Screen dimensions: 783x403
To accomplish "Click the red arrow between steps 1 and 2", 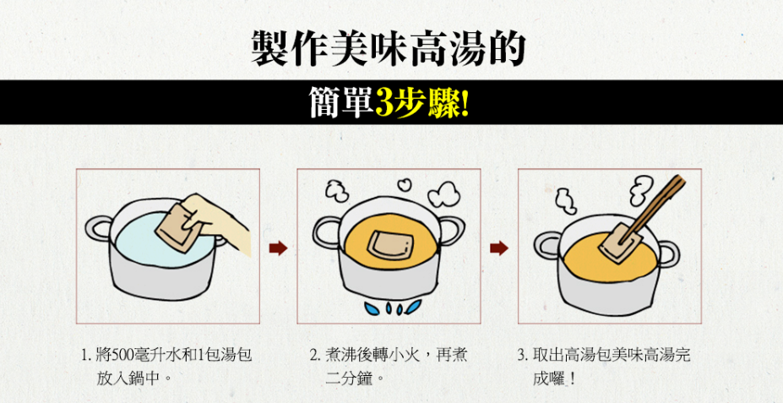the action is tap(278, 248).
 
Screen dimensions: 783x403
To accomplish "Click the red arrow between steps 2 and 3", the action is tap(499, 248).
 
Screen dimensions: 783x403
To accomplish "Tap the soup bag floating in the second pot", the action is tap(392, 245).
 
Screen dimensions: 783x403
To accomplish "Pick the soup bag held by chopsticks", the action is tap(619, 244).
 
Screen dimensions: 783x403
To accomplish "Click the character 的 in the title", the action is tap(505, 47).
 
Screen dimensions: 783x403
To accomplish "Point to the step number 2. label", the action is tap(314, 356).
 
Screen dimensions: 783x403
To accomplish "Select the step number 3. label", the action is tap(522, 356).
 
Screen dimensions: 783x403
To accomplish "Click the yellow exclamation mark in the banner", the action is tap(465, 103).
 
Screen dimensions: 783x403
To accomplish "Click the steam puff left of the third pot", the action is tap(566, 201).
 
